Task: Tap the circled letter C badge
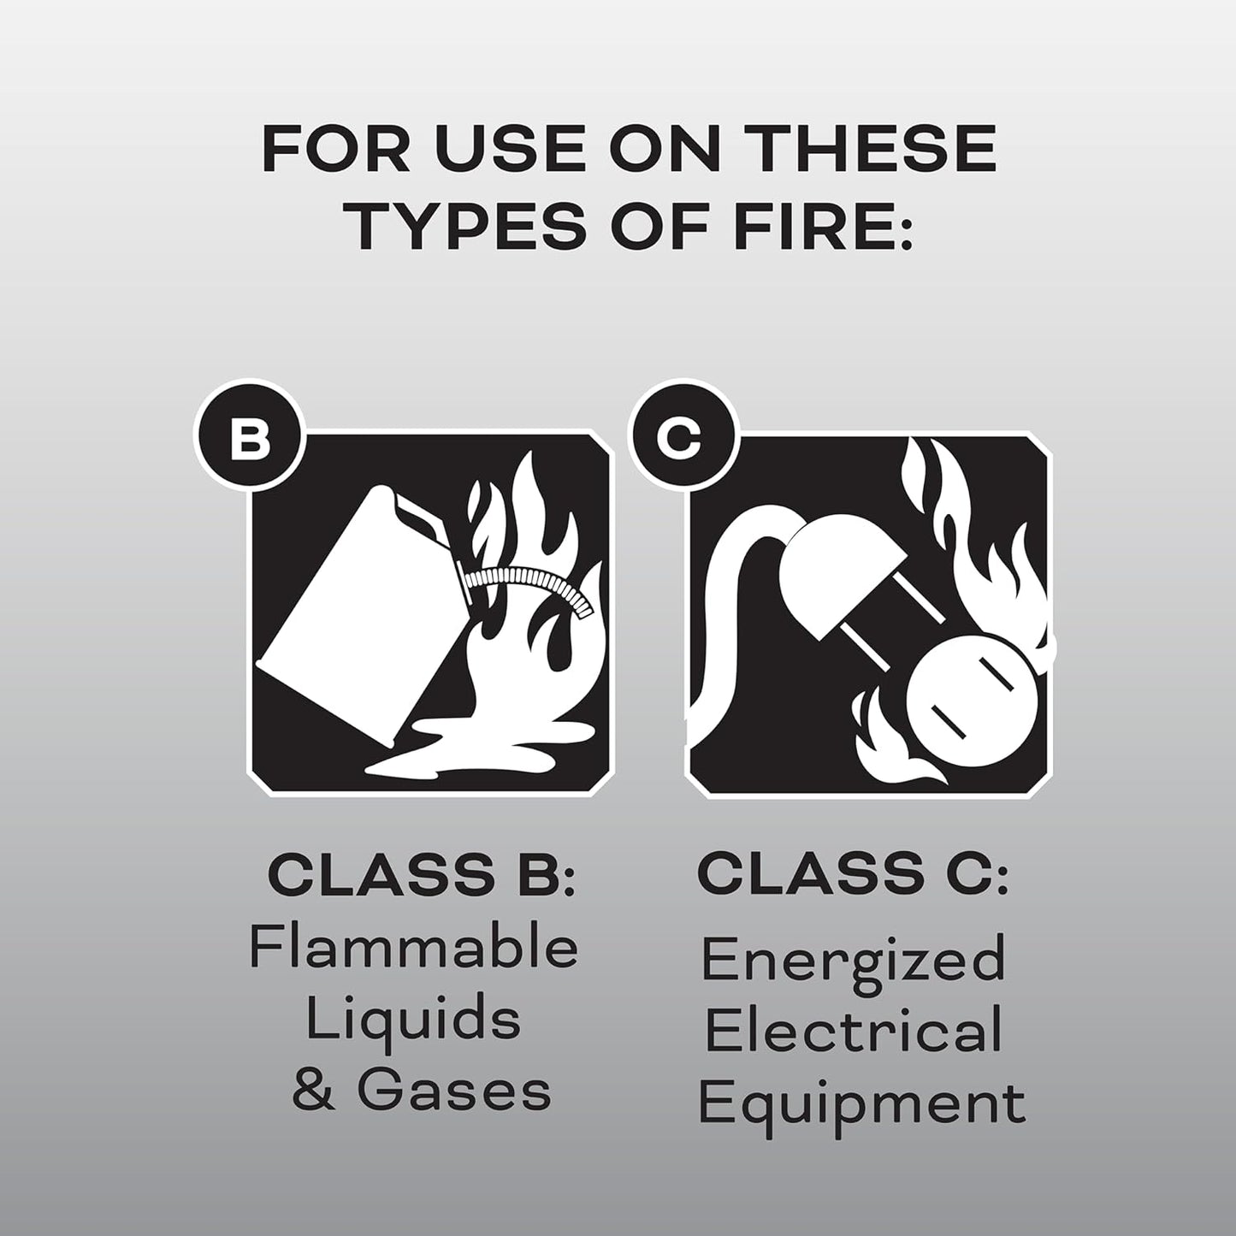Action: point(678,442)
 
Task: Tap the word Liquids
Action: point(414,1020)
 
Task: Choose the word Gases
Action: point(453,1091)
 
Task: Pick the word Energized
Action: point(853,961)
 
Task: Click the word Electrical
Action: point(853,1031)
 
